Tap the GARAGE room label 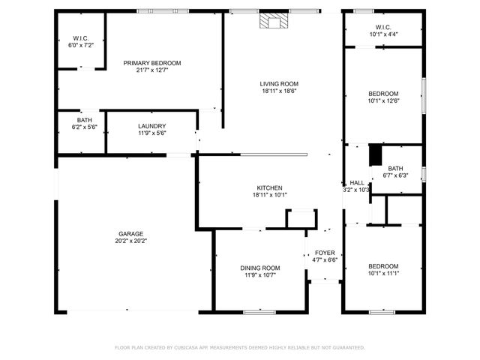point(129,233)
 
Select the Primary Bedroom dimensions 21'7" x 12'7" point(152,71)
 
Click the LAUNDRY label point(151,126)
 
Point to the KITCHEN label point(270,187)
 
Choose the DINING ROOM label point(260,268)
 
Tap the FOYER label point(325,253)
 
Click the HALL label point(357,182)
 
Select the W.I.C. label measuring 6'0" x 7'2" point(82,38)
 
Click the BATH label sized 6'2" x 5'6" point(85,120)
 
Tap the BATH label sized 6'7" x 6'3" point(395,169)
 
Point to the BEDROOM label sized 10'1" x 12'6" point(383,93)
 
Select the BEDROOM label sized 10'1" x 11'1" point(383,266)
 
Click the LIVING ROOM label point(279,84)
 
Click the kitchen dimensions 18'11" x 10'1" point(270,195)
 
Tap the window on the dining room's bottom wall point(259,311)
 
